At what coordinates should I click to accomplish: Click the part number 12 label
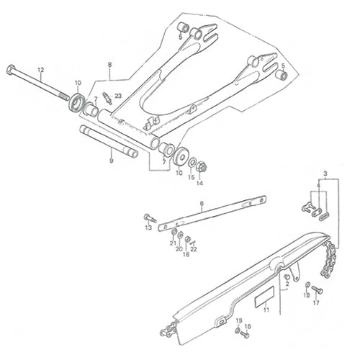41,70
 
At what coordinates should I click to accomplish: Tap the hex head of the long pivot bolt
11,69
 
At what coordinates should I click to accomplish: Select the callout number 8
110,65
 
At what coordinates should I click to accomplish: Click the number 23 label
118,96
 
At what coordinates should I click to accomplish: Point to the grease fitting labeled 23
107,98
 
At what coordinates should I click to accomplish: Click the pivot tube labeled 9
109,141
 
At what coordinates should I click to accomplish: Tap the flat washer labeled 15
192,163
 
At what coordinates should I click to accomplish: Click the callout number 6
202,204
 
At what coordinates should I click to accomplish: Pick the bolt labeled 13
150,218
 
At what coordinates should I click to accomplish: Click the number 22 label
194,249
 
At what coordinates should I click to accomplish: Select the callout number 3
325,174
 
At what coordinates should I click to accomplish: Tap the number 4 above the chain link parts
318,186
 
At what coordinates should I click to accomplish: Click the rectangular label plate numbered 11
264,297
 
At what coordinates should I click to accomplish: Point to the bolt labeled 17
317,290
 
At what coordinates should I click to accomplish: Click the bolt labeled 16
245,334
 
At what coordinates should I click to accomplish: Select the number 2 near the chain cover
287,284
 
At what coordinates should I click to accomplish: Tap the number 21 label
173,243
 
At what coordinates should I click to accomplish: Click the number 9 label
111,161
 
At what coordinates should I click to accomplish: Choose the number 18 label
186,254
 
